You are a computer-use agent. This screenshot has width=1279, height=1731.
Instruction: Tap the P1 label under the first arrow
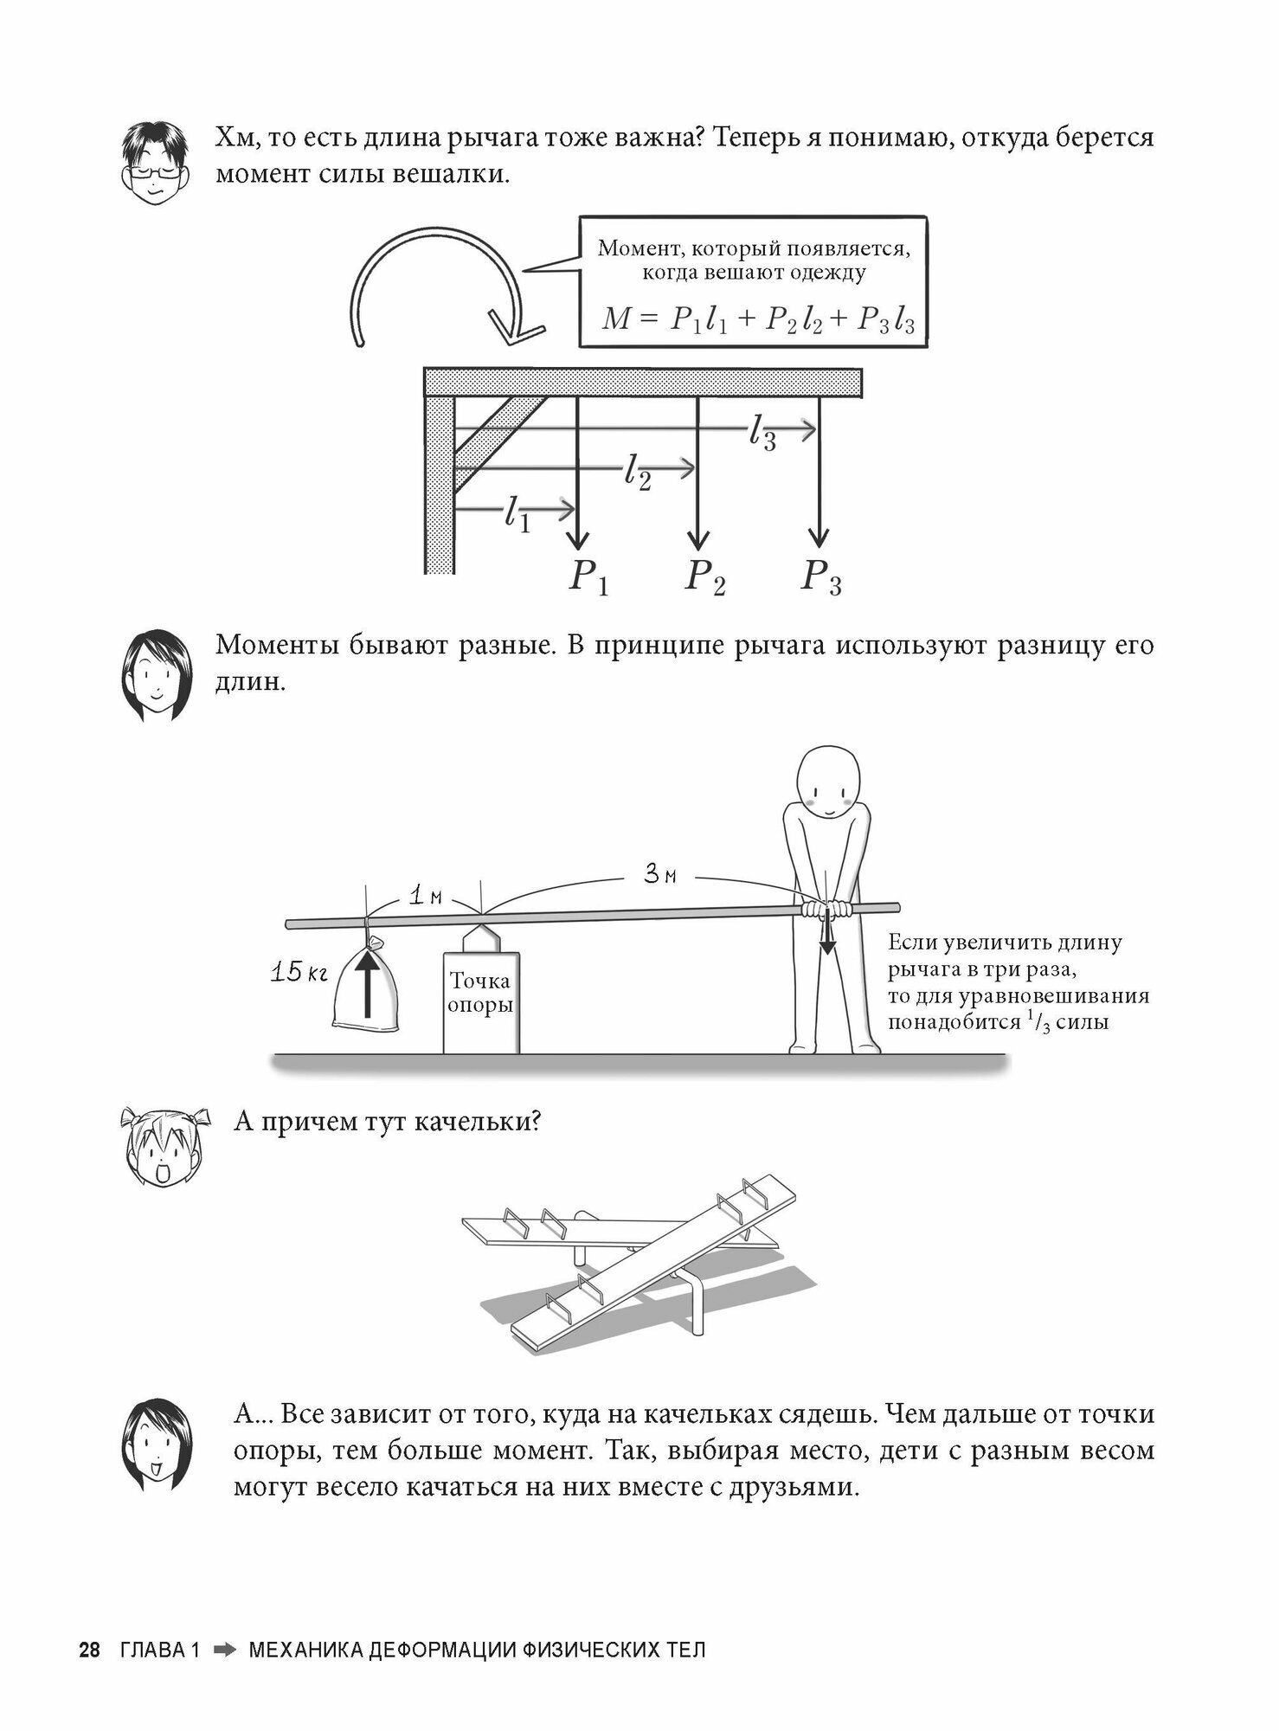coord(588,576)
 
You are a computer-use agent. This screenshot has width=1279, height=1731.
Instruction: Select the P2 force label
coord(705,576)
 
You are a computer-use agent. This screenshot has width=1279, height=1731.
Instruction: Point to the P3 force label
coord(821,576)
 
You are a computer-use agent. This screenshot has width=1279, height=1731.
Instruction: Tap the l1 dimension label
coord(517,515)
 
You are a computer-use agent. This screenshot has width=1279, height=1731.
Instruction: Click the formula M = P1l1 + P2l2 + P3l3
coord(758,320)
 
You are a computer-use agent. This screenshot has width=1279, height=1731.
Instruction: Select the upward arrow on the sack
coord(368,982)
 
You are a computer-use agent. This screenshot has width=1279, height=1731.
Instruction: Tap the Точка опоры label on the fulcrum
coord(480,993)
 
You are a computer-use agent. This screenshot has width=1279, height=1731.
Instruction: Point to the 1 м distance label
coord(425,897)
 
